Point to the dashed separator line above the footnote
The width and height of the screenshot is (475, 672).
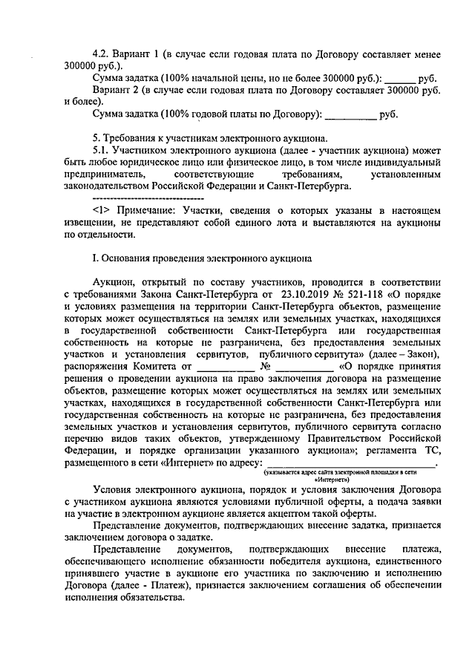(146, 198)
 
